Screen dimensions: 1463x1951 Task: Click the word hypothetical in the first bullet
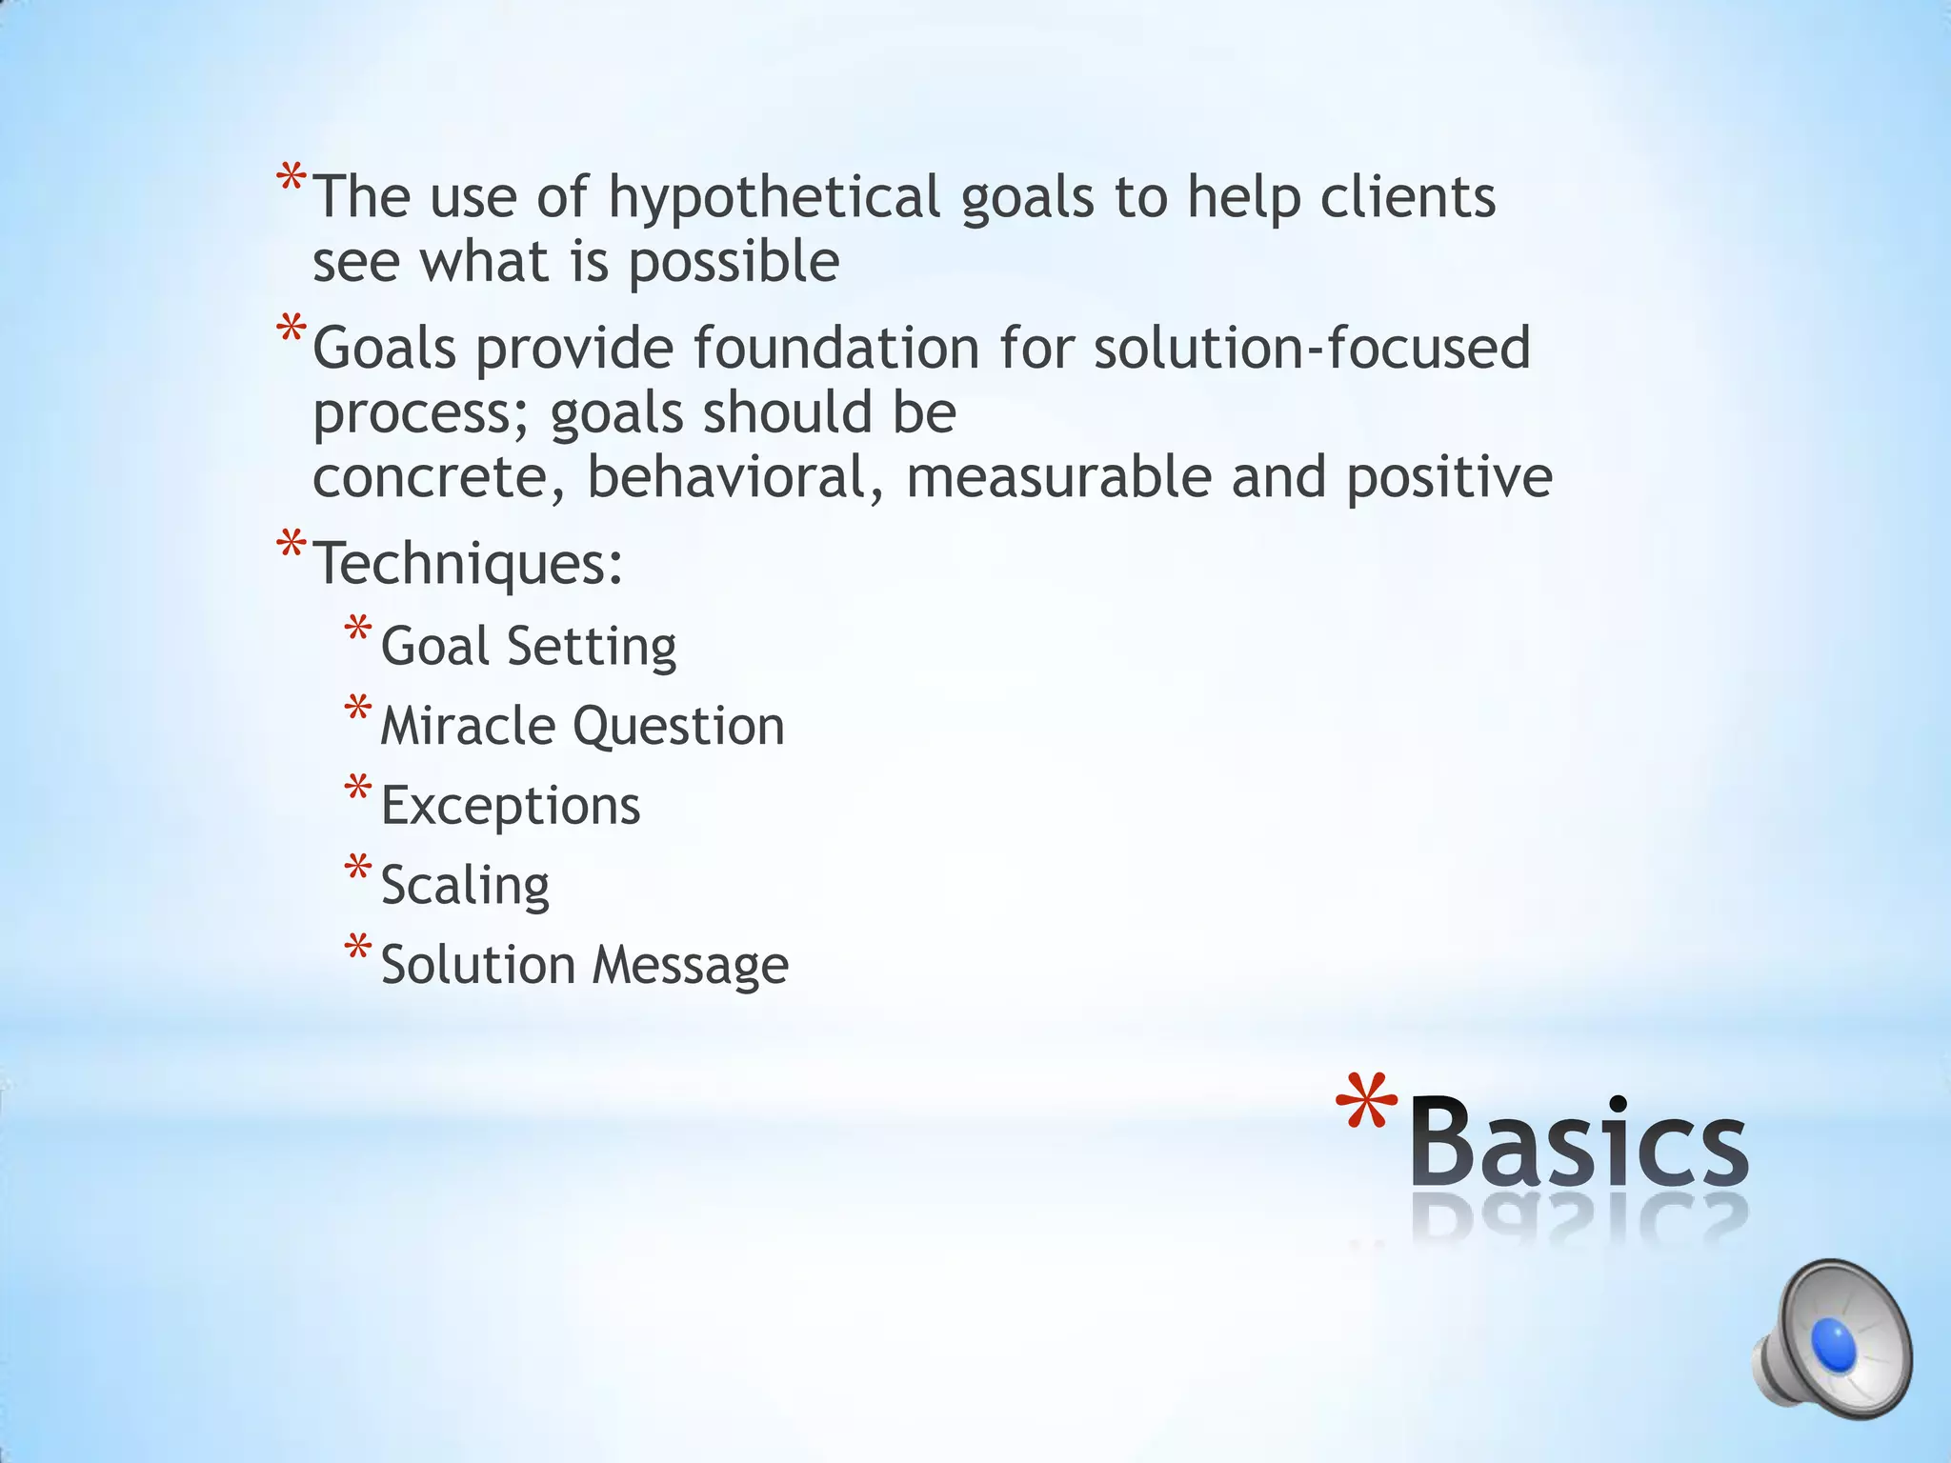[x=774, y=198]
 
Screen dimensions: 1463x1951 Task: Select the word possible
[x=734, y=262]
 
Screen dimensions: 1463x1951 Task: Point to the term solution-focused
[x=1312, y=348]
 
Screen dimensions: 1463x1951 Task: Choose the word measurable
[x=1058, y=477]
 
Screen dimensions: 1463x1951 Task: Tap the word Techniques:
[x=468, y=564]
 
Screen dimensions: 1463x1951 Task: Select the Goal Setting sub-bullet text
[x=529, y=647]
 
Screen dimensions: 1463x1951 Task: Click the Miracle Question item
[x=582, y=727]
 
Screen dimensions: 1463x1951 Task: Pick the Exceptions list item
[x=511, y=806]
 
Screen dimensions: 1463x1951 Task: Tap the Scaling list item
[x=465, y=886]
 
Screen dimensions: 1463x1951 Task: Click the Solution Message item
[x=584, y=965]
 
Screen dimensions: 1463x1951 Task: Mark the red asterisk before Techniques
[x=291, y=547]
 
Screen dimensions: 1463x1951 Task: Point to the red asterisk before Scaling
[x=358, y=869]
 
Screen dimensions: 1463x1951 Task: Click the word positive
[x=1449, y=477]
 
